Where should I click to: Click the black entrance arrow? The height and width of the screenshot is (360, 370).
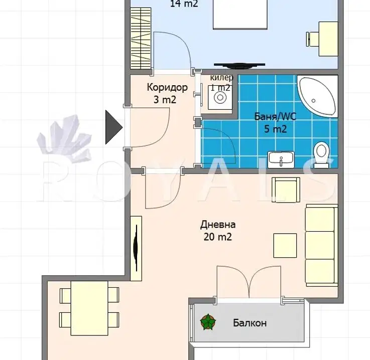[x=114, y=127]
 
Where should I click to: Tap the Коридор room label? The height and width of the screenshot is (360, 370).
[x=167, y=87]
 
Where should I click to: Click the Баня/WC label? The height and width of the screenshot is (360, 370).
[x=275, y=117]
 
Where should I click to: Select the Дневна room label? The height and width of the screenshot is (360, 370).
[x=218, y=225]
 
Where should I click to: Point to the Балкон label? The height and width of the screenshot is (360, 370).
[x=250, y=323]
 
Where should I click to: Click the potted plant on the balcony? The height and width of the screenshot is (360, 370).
[x=208, y=322]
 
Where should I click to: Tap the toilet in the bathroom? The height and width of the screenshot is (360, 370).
[x=321, y=155]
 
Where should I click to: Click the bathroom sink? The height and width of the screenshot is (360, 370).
[x=281, y=159]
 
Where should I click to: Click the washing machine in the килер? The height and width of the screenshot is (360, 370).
[x=220, y=98]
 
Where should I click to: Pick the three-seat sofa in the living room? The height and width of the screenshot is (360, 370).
[x=322, y=246]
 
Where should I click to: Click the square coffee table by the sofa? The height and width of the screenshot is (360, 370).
[x=285, y=246]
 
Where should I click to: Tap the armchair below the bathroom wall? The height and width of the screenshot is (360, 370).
[x=286, y=190]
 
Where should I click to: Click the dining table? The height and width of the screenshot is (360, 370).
[x=89, y=308]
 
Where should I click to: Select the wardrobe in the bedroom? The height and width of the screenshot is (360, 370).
[x=141, y=38]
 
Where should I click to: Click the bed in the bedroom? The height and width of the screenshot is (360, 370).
[x=240, y=15]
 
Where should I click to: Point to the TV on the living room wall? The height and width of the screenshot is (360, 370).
[x=136, y=248]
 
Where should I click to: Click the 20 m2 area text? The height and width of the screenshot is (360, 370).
[x=218, y=237]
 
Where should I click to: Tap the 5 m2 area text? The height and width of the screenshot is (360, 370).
[x=276, y=129]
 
